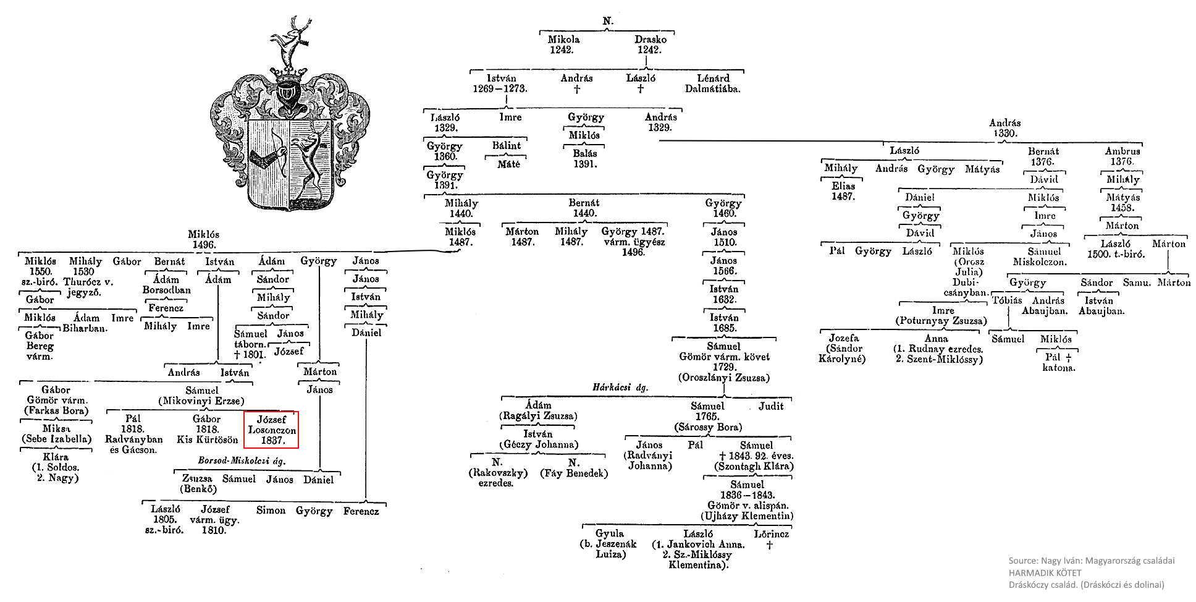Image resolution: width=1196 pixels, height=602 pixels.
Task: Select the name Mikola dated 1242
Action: coord(563,45)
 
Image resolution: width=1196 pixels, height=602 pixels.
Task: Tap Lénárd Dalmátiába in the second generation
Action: coord(713,83)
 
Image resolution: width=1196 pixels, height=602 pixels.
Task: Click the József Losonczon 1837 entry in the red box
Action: coord(271,430)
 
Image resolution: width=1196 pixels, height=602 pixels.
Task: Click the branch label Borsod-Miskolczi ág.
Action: coord(242,460)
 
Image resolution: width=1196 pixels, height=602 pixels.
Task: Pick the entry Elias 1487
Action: coord(843,191)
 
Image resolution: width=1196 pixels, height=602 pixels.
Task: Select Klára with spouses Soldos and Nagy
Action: coord(56,467)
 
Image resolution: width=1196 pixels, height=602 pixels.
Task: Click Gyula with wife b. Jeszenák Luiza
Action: coord(609,544)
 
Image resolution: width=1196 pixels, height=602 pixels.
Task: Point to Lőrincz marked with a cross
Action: coord(771,539)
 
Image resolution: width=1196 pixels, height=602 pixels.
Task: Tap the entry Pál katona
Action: coord(1058,362)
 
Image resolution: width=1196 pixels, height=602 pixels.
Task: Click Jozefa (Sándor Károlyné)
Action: coord(843,349)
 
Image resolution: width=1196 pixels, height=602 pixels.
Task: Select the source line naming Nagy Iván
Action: coord(1091,561)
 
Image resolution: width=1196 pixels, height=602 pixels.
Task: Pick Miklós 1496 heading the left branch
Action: coord(203,240)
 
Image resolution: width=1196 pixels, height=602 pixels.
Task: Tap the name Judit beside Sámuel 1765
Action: coord(770,406)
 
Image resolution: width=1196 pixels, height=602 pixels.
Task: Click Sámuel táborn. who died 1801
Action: coord(250,344)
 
